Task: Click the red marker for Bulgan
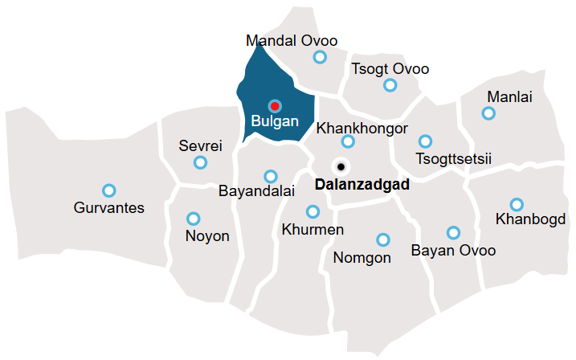coord(275,105)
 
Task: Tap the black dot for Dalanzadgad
coord(341,166)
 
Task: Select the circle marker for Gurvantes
coord(109,190)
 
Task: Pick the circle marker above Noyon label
coord(193,219)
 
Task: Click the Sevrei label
coord(200,146)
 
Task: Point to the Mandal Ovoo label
coord(292,41)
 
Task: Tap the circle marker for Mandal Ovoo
coord(320,57)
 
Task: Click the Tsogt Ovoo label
coord(390,69)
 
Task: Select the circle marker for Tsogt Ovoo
coord(390,85)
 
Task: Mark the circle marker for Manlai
coord(488,113)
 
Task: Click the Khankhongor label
coord(362,128)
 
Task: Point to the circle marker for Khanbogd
coord(517,204)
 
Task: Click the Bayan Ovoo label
coord(453,251)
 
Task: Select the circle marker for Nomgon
coord(383,239)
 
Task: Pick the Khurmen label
coord(313,230)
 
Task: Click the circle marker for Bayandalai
coord(271,176)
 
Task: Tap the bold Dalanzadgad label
coord(362,184)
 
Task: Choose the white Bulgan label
coord(275,122)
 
